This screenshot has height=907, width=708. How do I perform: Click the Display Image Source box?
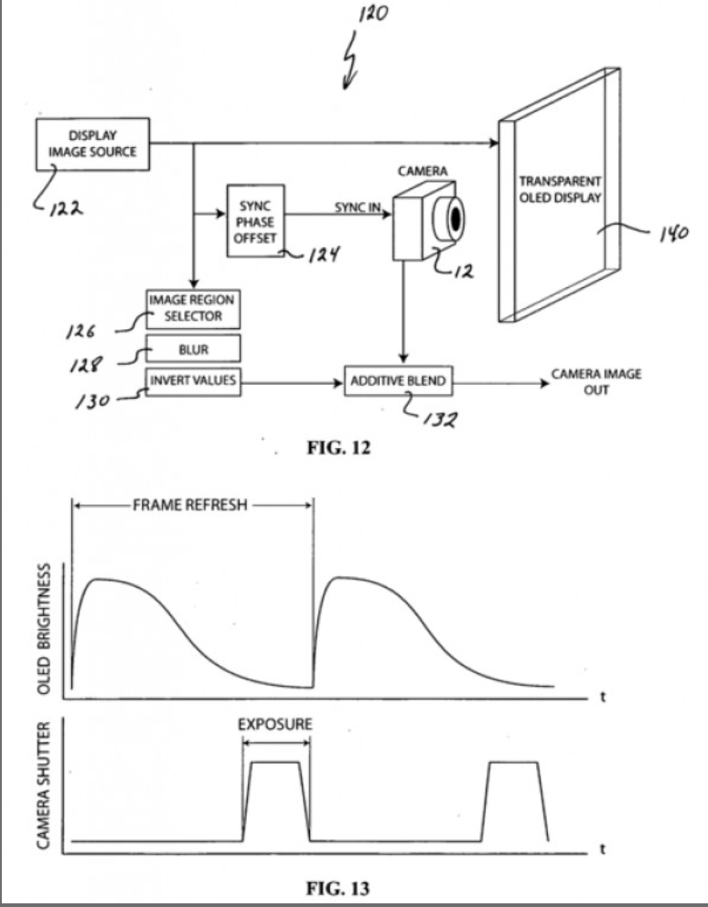[x=92, y=144]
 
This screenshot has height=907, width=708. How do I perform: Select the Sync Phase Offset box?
[x=255, y=221]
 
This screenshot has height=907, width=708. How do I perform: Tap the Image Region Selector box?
[x=193, y=309]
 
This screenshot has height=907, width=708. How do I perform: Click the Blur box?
[x=193, y=348]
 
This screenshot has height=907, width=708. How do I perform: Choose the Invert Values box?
[x=193, y=382]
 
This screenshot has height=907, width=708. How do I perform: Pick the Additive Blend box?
[x=398, y=381]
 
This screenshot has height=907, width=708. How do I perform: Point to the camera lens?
[x=452, y=219]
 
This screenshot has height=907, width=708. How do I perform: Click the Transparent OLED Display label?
[x=560, y=190]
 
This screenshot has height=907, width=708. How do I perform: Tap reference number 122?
[x=66, y=209]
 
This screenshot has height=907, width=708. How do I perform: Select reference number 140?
[x=674, y=233]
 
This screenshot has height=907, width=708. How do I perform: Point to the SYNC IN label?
[x=357, y=207]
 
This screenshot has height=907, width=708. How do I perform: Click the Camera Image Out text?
[x=596, y=382]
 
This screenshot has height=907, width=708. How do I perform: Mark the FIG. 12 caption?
[x=338, y=448]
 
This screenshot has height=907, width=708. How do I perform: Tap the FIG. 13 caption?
[x=338, y=888]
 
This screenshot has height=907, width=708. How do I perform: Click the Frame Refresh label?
[x=190, y=505]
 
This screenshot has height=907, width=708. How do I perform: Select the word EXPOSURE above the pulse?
[x=275, y=724]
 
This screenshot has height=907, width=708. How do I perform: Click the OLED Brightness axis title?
[x=44, y=629]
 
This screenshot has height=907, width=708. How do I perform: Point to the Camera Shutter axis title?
[x=43, y=785]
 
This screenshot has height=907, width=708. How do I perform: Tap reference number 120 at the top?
[x=373, y=13]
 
